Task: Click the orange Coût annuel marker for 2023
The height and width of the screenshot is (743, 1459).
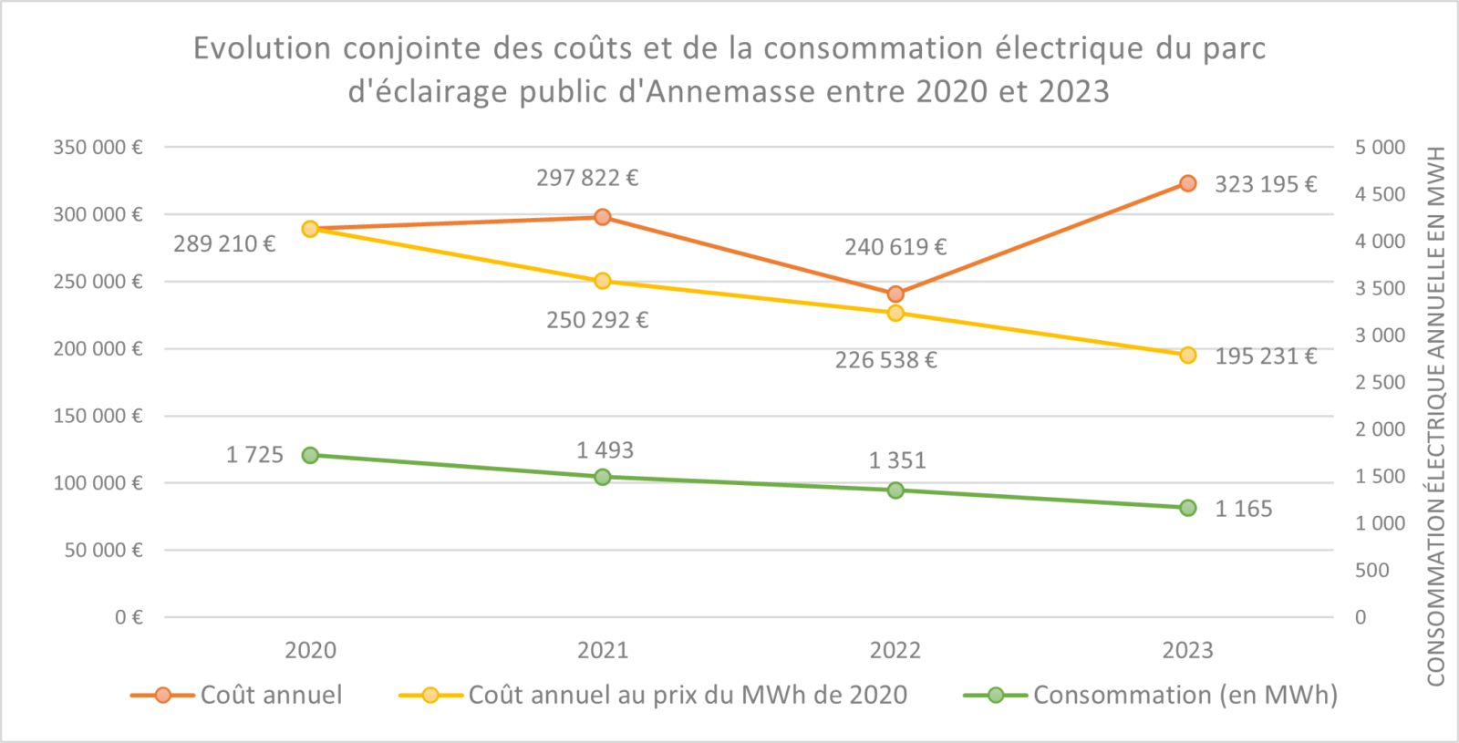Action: pyautogui.click(x=1187, y=183)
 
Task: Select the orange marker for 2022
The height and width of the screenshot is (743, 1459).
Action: pyautogui.click(x=895, y=294)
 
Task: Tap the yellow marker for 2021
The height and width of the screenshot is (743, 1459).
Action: pyautogui.click(x=603, y=281)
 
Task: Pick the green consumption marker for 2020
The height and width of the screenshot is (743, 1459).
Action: pyautogui.click(x=310, y=455)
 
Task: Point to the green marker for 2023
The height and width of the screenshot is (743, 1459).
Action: pyautogui.click(x=1187, y=508)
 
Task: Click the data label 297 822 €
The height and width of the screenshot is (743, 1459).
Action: pyautogui.click(x=586, y=178)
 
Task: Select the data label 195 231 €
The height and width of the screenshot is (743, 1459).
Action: pyautogui.click(x=1265, y=356)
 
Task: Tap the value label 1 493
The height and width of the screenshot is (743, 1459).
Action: pyautogui.click(x=605, y=450)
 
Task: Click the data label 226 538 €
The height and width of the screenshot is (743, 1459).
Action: pyautogui.click(x=885, y=360)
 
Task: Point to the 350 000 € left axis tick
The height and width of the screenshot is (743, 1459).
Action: pyautogui.click(x=98, y=148)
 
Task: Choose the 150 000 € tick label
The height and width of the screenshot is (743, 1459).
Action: pyautogui.click(x=98, y=416)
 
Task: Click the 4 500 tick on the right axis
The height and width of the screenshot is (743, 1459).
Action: pyautogui.click(x=1380, y=194)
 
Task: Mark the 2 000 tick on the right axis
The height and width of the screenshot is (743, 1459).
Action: pyautogui.click(x=1380, y=429)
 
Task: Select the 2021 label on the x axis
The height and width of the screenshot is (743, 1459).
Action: pyautogui.click(x=603, y=650)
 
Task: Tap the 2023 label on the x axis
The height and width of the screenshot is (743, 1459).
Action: pyautogui.click(x=1187, y=650)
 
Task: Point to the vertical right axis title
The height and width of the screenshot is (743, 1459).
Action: pyautogui.click(x=1436, y=416)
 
